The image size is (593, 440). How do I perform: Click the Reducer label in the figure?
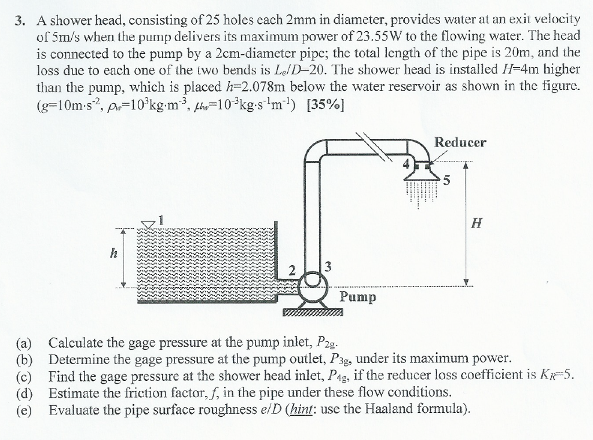[x=460, y=142]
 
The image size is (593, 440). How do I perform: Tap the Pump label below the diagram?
[x=357, y=297]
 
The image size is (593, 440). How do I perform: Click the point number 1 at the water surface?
[x=162, y=220]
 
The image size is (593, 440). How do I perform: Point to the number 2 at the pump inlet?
[x=292, y=270]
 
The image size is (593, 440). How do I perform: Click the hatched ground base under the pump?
[x=313, y=313]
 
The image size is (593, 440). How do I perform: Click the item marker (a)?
[x=25, y=342]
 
